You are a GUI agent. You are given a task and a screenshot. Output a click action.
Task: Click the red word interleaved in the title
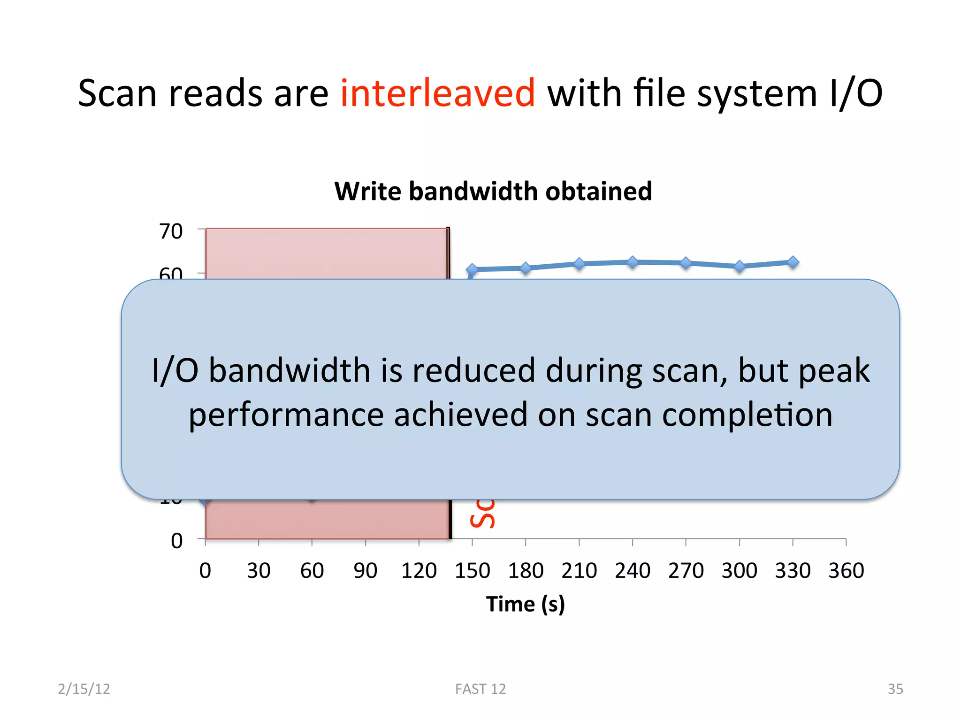pos(437,93)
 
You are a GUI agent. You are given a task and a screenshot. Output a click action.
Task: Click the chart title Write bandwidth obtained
pos(493,192)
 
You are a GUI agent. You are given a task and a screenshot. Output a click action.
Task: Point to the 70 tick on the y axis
pos(171,231)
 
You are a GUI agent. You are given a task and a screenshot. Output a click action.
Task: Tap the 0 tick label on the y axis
pos(177,541)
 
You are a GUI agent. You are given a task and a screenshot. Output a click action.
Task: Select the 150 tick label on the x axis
pos(472,571)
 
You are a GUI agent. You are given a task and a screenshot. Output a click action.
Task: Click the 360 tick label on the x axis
pos(846,571)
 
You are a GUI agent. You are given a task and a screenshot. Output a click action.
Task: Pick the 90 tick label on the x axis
pos(365,571)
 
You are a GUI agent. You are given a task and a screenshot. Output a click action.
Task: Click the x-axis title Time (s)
pos(525,604)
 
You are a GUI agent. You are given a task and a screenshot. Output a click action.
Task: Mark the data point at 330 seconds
pos(793,262)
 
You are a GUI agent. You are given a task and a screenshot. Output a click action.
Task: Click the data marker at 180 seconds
pos(526,268)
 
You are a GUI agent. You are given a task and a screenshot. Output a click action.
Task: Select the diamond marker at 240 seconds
pos(633,262)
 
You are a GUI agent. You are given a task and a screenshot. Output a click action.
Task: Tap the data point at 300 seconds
pos(740,267)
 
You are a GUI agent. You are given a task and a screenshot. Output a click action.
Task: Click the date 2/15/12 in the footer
pos(84,689)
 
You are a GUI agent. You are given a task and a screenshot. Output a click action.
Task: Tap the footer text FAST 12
pos(480,689)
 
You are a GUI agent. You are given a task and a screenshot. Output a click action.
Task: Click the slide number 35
pos(895,689)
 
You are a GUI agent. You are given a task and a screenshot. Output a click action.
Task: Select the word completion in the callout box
pos(747,415)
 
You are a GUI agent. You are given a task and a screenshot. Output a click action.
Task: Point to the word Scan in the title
pos(117,93)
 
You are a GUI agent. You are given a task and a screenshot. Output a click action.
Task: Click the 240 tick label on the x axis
pos(633,571)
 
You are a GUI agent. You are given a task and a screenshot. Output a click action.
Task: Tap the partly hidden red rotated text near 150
pos(483,514)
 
